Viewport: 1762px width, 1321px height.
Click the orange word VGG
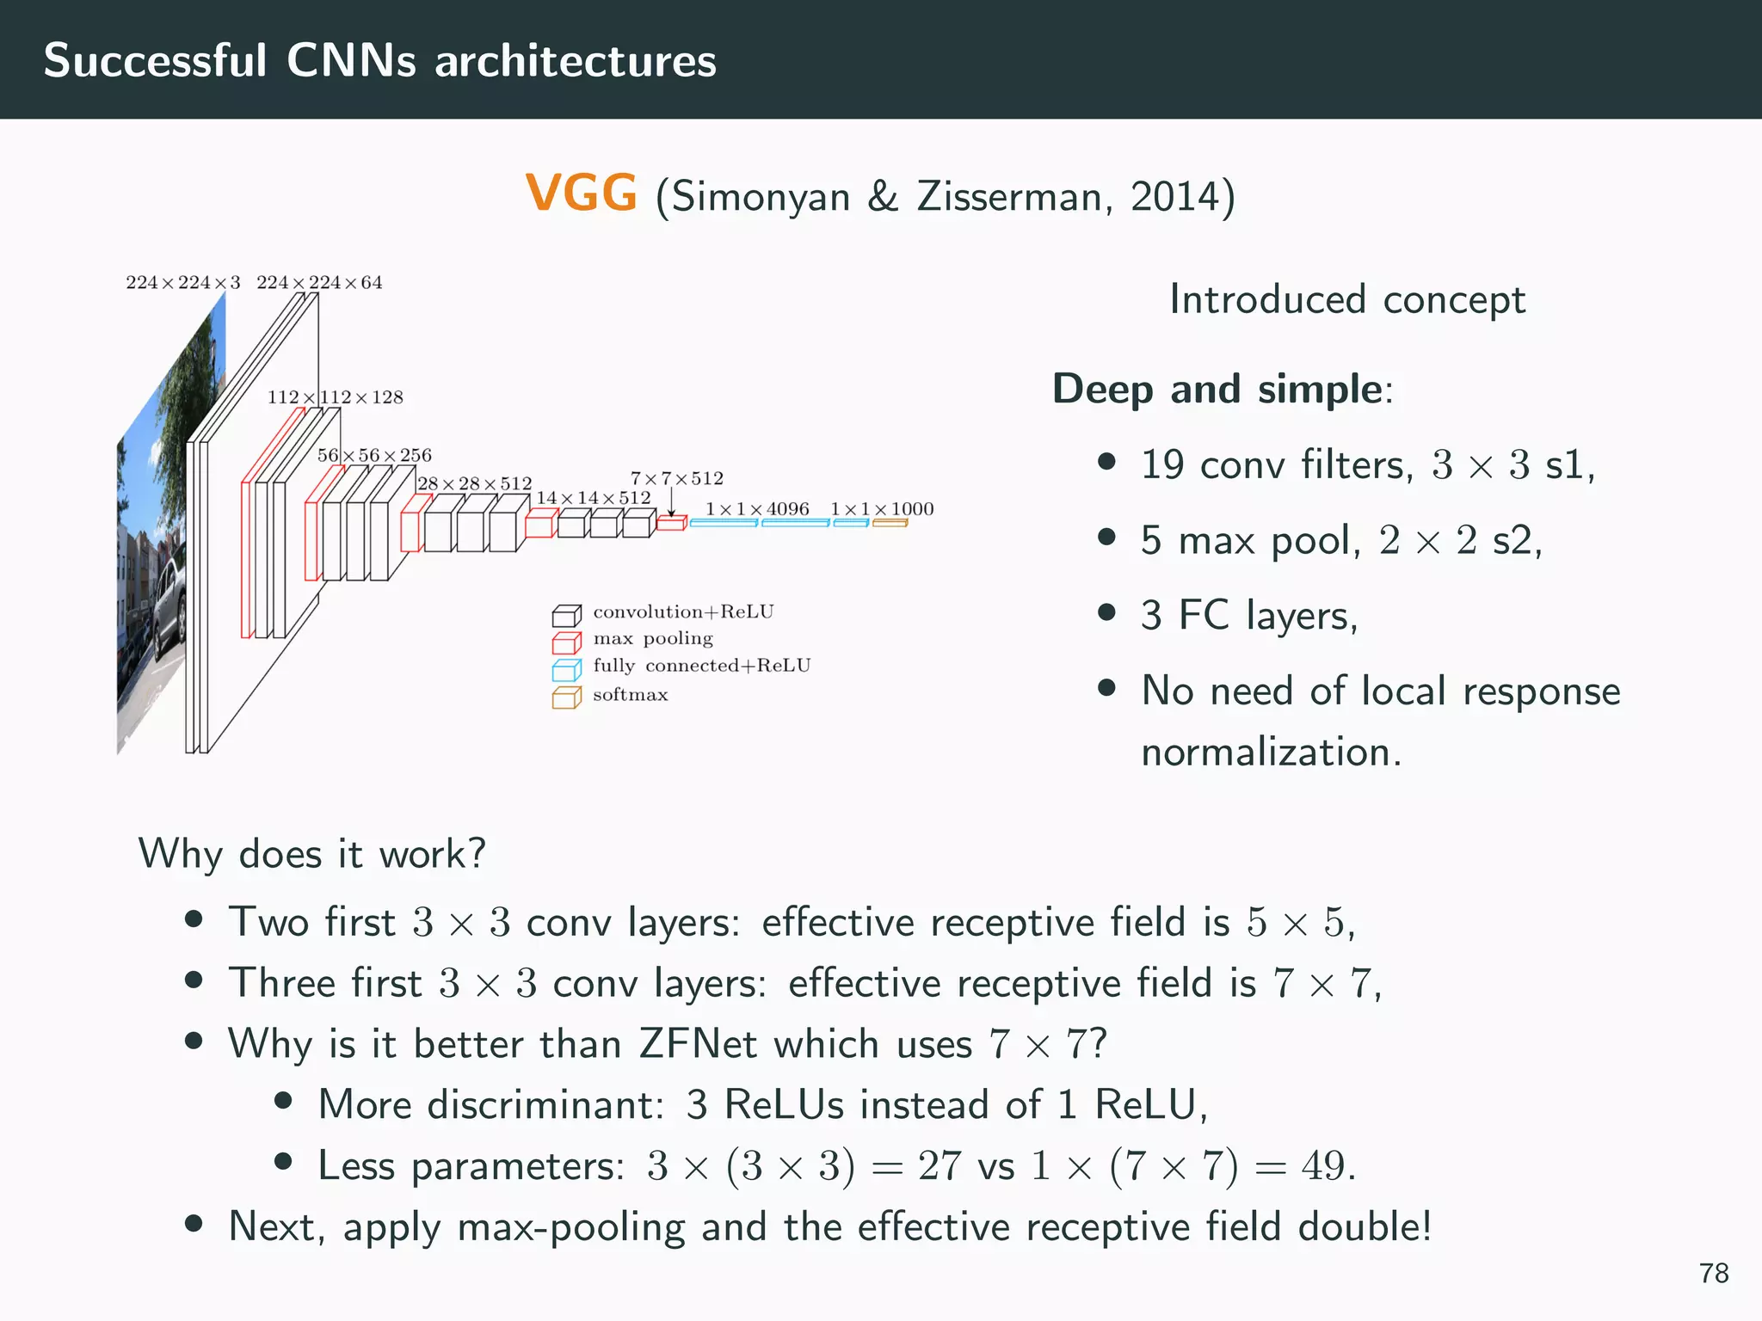582,193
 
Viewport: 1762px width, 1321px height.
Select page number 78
1713,1273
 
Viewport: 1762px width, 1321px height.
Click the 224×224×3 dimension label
182,283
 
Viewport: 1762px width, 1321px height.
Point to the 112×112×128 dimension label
335,397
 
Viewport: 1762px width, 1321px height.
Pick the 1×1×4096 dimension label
757,509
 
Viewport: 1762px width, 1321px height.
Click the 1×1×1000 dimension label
882,509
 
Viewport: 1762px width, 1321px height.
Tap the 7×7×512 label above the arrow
677,478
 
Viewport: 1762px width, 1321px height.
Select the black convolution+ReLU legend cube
566,616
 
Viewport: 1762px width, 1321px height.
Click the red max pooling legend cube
566,642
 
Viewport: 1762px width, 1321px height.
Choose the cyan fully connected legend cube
566,669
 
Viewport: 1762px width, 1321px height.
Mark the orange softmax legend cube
566,697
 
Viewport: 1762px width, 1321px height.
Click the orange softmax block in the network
890,522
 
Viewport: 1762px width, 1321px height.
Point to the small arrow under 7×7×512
671,503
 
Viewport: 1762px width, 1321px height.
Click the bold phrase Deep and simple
1217,389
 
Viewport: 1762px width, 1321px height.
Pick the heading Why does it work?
311,854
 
